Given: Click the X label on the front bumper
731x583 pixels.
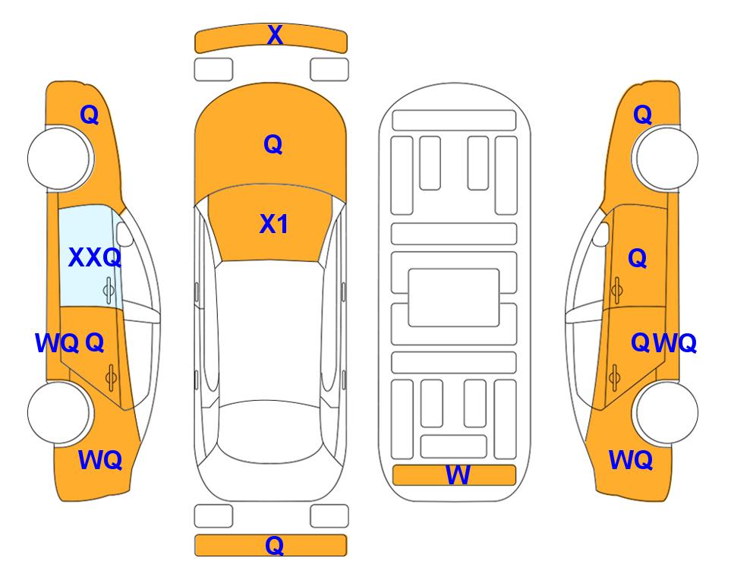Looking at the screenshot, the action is coord(275,35).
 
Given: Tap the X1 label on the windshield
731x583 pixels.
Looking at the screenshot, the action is coord(274,224).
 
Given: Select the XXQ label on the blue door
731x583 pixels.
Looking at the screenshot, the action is coord(95,257).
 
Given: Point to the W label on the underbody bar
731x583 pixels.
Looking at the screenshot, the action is coord(458,475).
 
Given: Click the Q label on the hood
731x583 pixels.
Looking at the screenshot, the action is coord(273,144).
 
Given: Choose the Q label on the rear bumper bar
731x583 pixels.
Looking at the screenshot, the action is coord(274,545).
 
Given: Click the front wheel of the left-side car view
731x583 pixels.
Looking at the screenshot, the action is coord(59,158).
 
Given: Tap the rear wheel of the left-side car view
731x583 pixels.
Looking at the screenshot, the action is coord(59,412).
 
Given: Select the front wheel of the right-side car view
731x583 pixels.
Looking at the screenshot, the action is coord(665,158).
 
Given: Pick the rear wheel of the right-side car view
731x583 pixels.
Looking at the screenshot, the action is coord(665,412).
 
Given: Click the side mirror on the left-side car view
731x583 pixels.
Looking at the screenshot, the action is coord(124,234).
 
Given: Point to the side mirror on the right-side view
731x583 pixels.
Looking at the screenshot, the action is coord(600,234).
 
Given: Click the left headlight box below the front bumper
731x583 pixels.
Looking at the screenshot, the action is coord(213,70).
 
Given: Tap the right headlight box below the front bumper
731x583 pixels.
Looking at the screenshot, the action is coord(329,70).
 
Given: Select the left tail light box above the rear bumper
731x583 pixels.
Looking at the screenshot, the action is coord(213,516).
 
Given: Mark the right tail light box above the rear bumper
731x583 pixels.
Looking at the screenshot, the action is coord(329,516).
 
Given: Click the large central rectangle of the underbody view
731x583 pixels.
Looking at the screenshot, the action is coord(454,298).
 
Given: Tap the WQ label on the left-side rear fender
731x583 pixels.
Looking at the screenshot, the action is coord(100,460).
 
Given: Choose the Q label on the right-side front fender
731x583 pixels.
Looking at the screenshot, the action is coord(642,115).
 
